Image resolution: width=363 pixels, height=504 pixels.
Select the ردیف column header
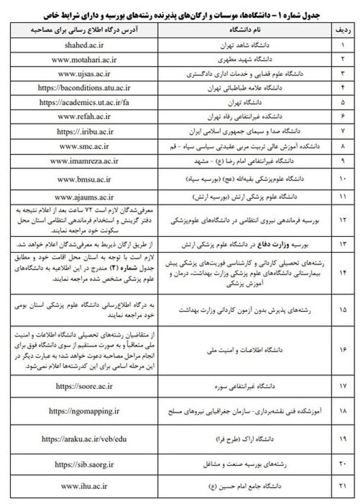342,27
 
